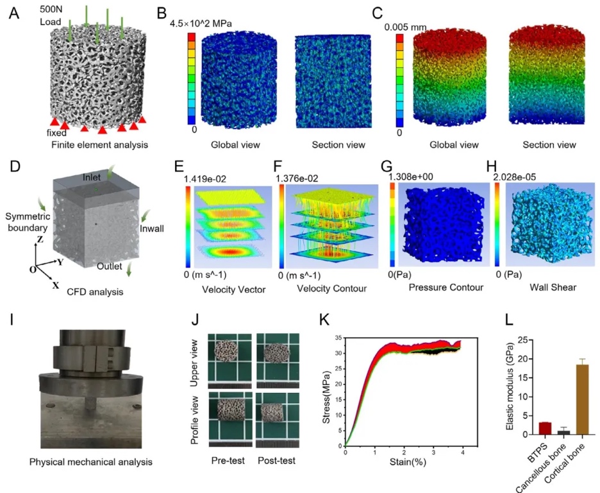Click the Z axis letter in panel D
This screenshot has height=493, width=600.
[40, 239]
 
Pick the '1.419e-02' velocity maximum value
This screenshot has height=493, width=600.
[204, 178]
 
